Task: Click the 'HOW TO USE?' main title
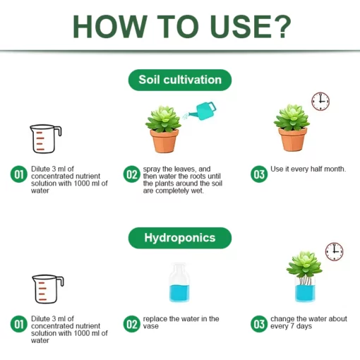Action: coord(181,27)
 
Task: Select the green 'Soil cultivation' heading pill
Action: coord(179,80)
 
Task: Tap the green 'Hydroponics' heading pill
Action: coord(179,238)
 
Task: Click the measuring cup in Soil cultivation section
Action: coord(44,139)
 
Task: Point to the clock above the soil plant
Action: coord(320,101)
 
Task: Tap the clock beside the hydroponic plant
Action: coord(334,251)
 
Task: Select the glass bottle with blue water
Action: coord(179,283)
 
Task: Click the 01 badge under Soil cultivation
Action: coord(18,174)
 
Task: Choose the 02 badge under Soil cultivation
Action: coord(131,174)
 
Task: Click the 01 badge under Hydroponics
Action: coord(18,324)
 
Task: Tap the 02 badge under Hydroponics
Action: coord(131,324)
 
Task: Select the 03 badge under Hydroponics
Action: coord(259,323)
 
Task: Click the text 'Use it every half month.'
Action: coord(308,170)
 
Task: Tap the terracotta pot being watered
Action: coord(164,140)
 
